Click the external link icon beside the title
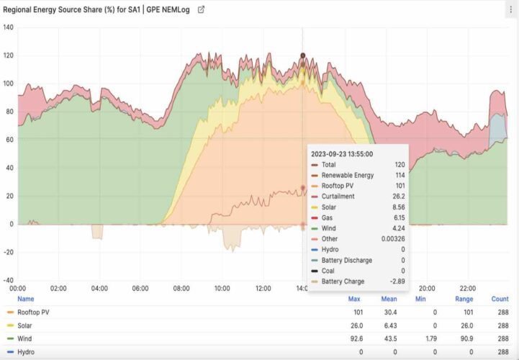(201, 10)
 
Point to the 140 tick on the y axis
(8, 27)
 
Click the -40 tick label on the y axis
(8, 280)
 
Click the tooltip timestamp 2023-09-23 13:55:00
(341, 153)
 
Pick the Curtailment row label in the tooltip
(338, 196)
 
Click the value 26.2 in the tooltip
(398, 196)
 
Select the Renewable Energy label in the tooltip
(348, 175)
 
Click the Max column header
(354, 299)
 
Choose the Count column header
(500, 299)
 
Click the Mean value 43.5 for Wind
(389, 338)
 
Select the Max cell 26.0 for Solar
(354, 325)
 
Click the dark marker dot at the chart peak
(303, 55)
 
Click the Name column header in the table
(25, 299)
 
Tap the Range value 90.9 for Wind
(464, 338)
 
